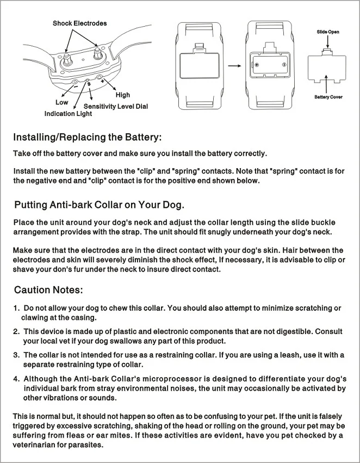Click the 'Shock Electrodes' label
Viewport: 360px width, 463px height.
pos(79,23)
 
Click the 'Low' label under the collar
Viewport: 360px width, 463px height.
pos(62,102)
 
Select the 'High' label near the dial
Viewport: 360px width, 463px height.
pos(122,95)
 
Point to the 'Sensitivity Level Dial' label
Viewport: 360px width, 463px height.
pos(116,107)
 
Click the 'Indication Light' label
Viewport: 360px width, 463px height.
pos(68,114)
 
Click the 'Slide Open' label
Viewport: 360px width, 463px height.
pos(328,32)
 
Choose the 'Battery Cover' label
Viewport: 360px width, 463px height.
pos(328,97)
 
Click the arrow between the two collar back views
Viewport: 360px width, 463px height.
pos(234,65)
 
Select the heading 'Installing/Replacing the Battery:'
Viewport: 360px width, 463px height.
pos(87,137)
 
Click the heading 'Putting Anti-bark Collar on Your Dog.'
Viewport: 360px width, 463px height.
pos(100,205)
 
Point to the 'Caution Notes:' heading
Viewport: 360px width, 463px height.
pos(48,289)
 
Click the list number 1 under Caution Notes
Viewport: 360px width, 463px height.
pos(16,308)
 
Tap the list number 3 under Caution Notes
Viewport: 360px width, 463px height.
pos(16,355)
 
